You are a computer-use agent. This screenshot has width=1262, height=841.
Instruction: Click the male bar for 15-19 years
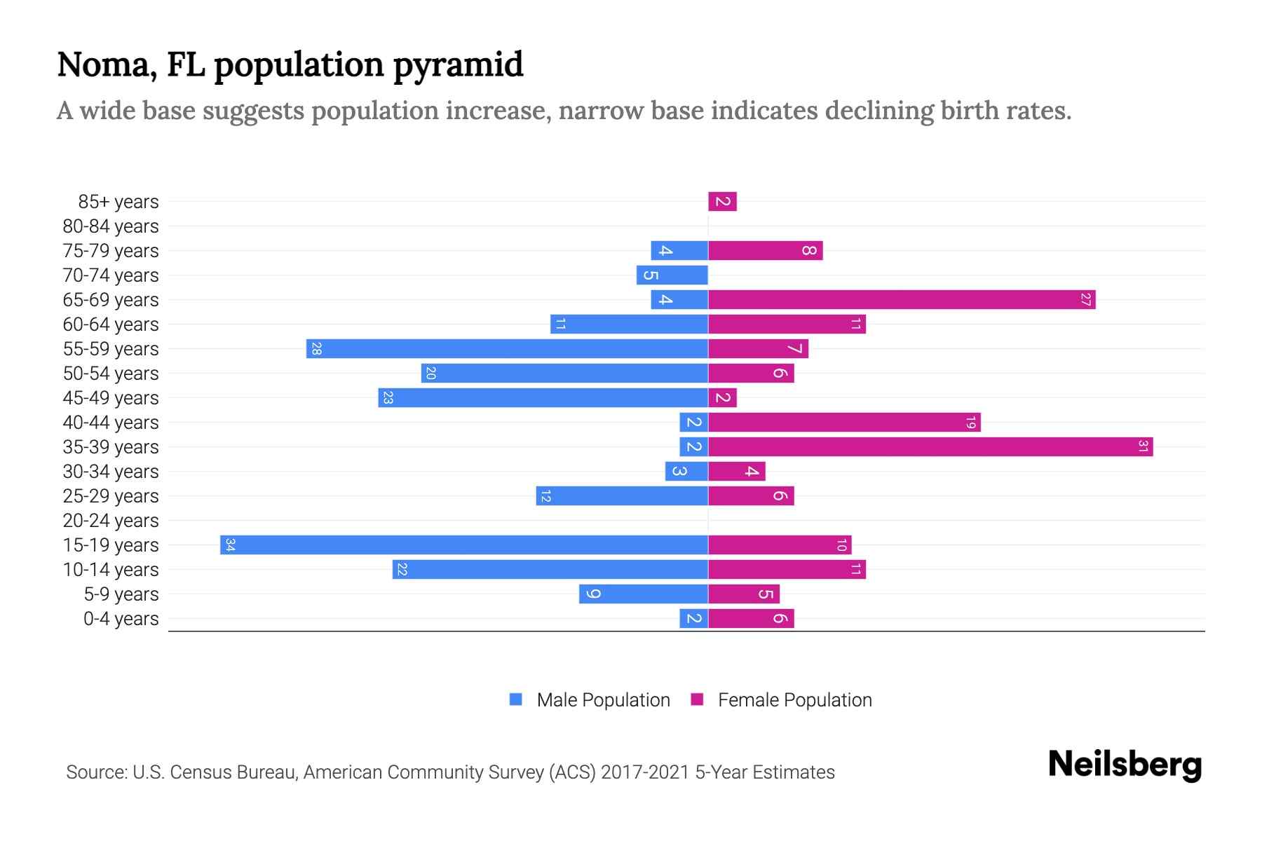[x=464, y=545]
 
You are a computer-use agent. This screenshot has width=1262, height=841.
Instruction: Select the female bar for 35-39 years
[x=930, y=446]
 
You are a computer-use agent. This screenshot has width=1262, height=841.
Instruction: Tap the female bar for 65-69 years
[x=902, y=299]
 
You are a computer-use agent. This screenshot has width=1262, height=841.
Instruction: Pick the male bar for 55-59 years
[x=507, y=348]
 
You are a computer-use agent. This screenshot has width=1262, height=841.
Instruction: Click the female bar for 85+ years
[x=722, y=202]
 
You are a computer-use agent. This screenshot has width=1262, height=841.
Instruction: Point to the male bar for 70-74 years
[x=672, y=275]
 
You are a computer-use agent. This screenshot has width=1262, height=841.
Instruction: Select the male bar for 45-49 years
[x=543, y=397]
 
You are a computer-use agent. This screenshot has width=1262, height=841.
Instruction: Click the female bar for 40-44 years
[x=844, y=422]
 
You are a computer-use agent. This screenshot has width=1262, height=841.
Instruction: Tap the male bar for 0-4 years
[x=693, y=618]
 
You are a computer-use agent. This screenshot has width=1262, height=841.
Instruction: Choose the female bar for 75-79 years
[x=765, y=250]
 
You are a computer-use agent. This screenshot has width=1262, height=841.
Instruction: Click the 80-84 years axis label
[x=111, y=226]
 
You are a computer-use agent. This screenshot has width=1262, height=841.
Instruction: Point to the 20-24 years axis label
[x=111, y=521]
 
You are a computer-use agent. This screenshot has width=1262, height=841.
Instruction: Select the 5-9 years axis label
[x=121, y=594]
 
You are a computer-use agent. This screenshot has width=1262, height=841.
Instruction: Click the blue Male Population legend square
[x=516, y=699]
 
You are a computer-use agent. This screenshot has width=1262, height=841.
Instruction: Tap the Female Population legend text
[x=794, y=699]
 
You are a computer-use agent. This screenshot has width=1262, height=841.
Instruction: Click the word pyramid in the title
[x=458, y=65]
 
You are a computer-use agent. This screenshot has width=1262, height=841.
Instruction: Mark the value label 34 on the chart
[x=230, y=545]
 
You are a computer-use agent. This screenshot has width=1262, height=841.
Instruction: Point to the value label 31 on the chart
[x=1143, y=446]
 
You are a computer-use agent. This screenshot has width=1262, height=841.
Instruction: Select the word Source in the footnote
[x=96, y=772]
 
